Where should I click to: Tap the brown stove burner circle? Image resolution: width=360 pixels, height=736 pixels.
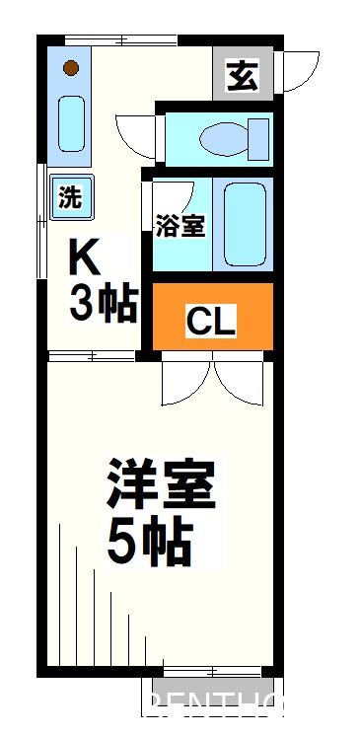click(x=70, y=68)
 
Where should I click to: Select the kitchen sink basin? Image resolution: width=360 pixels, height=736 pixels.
click(x=70, y=124)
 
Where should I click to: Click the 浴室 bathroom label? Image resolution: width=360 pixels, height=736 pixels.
click(x=180, y=226)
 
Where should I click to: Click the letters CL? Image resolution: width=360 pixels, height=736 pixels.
click(x=211, y=322)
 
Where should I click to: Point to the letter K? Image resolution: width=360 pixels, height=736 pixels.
click(x=85, y=259)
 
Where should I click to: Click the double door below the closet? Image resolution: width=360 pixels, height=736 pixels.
click(x=211, y=380)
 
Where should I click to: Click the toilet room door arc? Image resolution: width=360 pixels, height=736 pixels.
click(x=134, y=136)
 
